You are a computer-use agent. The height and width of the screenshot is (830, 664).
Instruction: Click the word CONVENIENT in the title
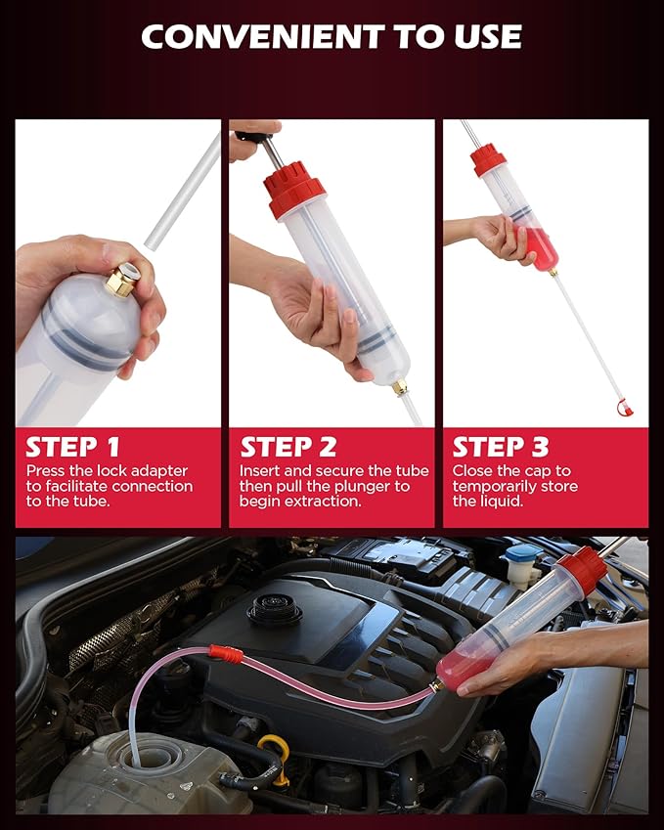point(246,36)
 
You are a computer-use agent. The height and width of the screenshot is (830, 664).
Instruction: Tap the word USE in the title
point(479,36)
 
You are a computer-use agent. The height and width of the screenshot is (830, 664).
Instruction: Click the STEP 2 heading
point(288,447)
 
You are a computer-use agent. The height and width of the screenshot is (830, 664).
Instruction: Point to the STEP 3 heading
point(500,447)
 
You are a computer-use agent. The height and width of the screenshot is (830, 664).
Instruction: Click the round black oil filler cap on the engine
point(275,611)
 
